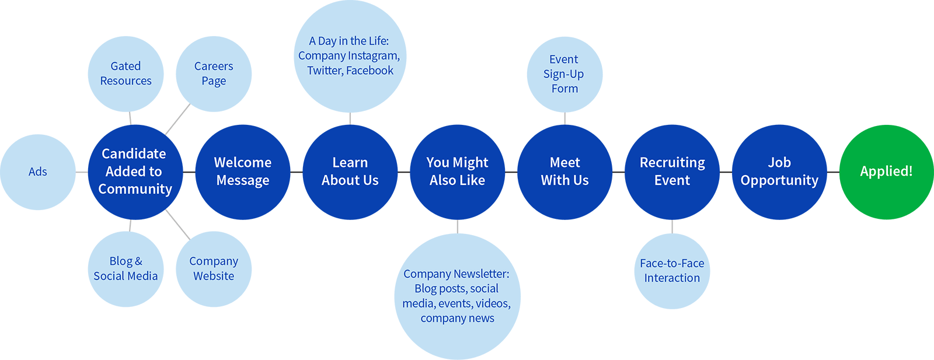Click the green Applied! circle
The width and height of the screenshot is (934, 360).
click(x=886, y=172)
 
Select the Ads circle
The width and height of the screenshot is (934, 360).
click(x=38, y=172)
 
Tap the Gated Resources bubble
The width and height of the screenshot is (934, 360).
click(x=126, y=74)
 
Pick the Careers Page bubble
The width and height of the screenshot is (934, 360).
click(x=214, y=74)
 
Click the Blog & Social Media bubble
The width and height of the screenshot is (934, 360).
click(x=126, y=269)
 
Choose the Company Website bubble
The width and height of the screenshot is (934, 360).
click(x=214, y=269)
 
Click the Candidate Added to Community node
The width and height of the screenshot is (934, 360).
click(x=135, y=172)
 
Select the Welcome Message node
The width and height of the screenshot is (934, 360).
click(x=242, y=172)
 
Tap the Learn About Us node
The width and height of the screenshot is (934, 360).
click(x=350, y=172)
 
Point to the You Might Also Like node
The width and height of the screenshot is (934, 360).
click(x=457, y=172)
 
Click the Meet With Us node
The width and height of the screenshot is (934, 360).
click(x=564, y=172)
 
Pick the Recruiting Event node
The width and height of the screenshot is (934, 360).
click(x=672, y=172)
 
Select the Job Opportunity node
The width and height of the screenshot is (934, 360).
click(x=779, y=172)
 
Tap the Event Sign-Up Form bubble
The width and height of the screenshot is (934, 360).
click(x=564, y=74)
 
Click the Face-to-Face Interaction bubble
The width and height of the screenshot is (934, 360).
click(x=672, y=271)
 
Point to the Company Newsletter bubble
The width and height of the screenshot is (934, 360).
click(x=457, y=296)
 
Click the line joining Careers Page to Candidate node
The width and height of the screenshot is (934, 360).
click(x=177, y=119)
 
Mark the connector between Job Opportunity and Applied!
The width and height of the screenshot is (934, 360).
click(x=833, y=172)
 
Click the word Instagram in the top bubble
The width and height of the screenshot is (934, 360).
click(x=374, y=56)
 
